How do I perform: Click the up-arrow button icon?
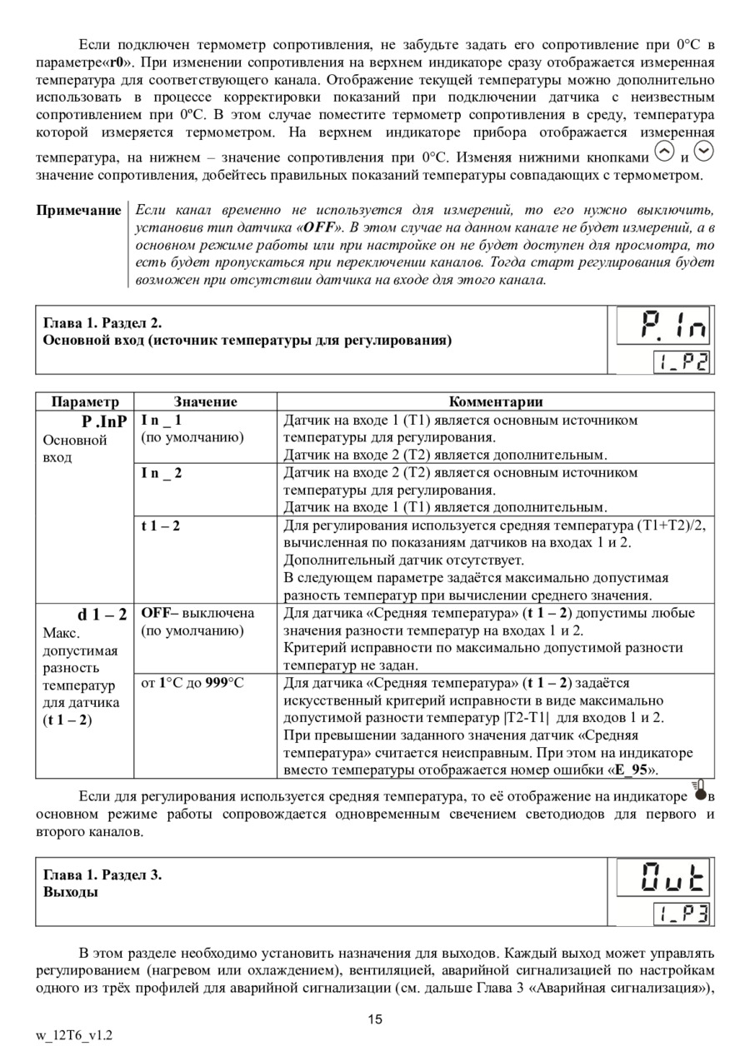tap(664, 152)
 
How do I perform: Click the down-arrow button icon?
tap(703, 152)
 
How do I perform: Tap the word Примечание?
tap(78, 210)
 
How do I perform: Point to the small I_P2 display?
tap(682, 361)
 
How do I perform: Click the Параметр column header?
tap(85, 401)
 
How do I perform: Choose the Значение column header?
tap(205, 401)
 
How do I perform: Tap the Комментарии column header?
tap(496, 401)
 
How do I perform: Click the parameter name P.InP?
tap(105, 421)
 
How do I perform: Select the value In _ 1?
tap(162, 421)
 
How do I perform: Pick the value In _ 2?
tap(162, 473)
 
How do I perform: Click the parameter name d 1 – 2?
tap(102, 615)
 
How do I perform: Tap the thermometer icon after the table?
tap(700, 791)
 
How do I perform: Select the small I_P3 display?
tap(682, 914)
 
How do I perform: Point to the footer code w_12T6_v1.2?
tap(74, 1036)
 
